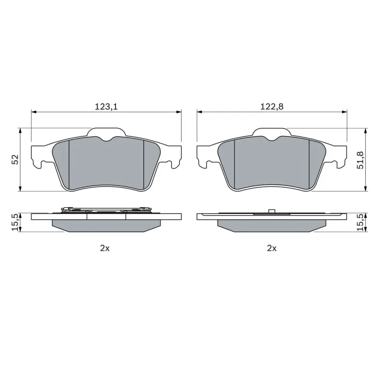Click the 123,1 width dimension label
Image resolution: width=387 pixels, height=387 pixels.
point(106,106)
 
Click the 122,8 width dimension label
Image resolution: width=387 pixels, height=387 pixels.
point(272,106)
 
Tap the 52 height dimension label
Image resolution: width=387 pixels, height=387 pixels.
point(15,160)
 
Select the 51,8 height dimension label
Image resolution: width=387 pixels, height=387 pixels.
point(360,160)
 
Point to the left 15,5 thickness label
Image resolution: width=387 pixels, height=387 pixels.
point(15,223)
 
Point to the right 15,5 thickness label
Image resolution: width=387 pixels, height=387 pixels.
point(360,223)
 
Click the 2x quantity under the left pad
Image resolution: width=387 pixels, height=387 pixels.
point(104,248)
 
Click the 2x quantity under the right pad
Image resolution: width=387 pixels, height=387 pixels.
point(272,248)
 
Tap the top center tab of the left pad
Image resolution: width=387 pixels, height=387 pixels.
point(106,132)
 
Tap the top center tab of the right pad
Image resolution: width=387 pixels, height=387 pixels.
point(272,132)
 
